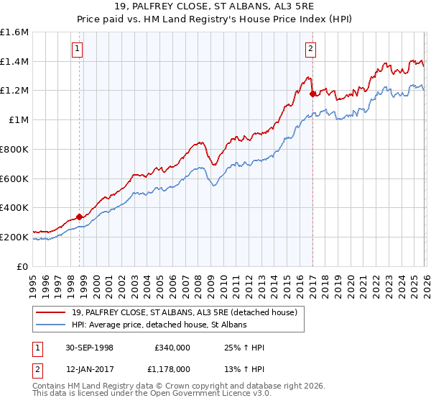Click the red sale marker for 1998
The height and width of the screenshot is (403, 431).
(x=79, y=216)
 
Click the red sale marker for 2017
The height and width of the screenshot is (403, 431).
(x=312, y=93)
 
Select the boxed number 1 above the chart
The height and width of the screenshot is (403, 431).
(x=77, y=49)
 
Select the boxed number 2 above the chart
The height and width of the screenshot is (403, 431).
(x=310, y=49)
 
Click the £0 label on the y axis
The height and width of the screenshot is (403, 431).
(x=23, y=266)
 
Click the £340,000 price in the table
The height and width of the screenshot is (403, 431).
(x=172, y=348)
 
